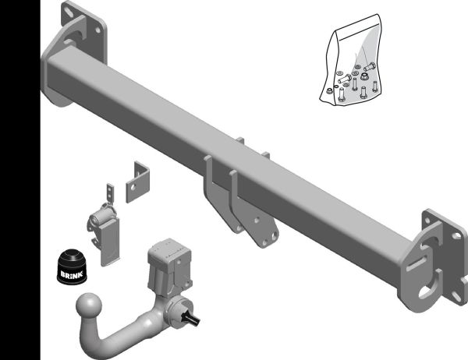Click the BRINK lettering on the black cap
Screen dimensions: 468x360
click(71, 274)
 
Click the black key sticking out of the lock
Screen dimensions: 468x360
click(191, 316)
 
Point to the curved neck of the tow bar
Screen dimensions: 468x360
click(119, 334)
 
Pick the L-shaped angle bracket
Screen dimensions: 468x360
click(137, 182)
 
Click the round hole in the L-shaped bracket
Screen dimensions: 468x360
click(133, 187)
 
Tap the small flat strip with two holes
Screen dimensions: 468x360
click(111, 193)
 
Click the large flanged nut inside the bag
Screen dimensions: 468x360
click(364, 76)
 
